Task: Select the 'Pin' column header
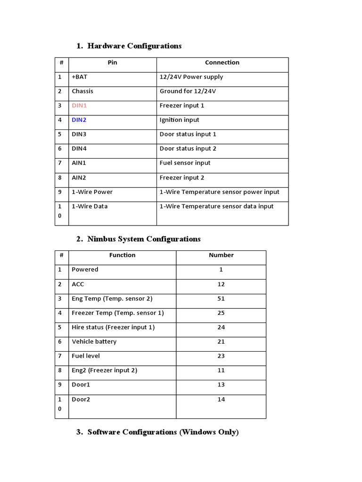pyautogui.click(x=112, y=63)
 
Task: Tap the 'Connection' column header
pyautogui.click(x=222, y=63)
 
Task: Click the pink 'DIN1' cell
pyautogui.click(x=79, y=105)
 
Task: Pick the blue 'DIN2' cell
pyautogui.click(x=79, y=120)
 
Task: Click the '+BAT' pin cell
pyautogui.click(x=79, y=77)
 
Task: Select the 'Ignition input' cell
pyautogui.click(x=179, y=120)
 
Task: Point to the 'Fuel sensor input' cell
pyautogui.click(x=185, y=163)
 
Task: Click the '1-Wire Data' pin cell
pyautogui.click(x=90, y=206)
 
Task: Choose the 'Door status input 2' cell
pyautogui.click(x=188, y=149)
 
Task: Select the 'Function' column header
pyautogui.click(x=122, y=255)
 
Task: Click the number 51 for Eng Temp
pyautogui.click(x=221, y=298)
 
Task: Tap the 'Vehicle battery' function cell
pyautogui.click(x=94, y=342)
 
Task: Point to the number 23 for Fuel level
pyautogui.click(x=221, y=356)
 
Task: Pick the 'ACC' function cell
pyautogui.click(x=78, y=284)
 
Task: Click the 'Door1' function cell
pyautogui.click(x=81, y=385)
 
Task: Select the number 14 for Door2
pyautogui.click(x=221, y=399)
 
